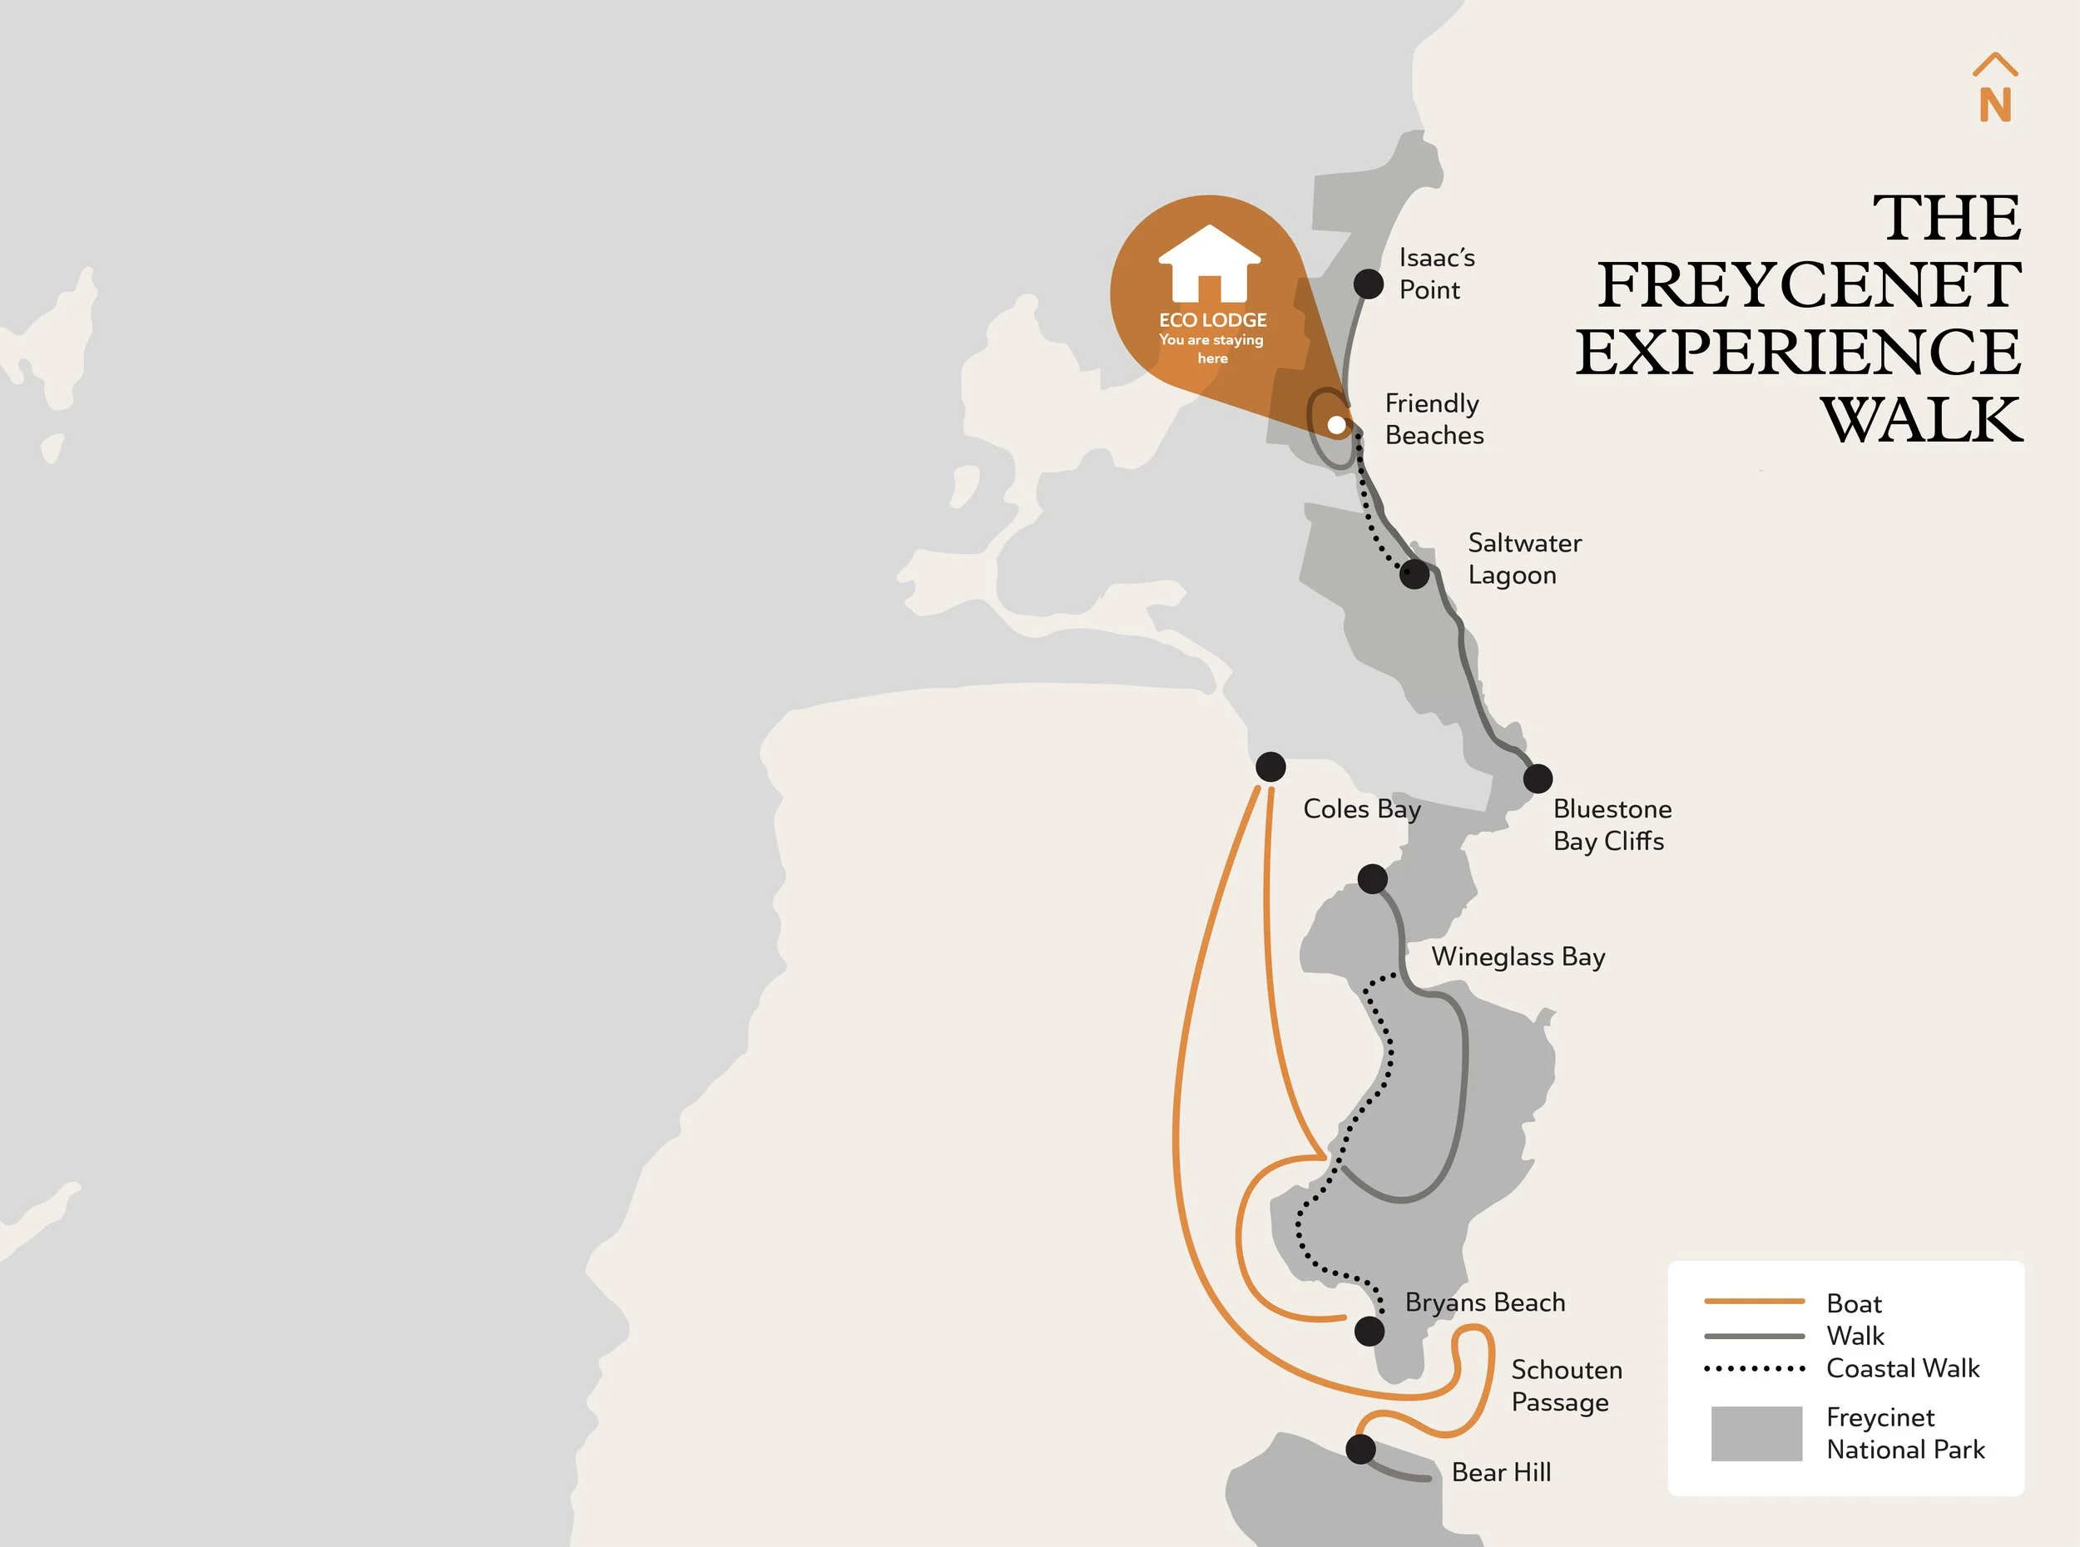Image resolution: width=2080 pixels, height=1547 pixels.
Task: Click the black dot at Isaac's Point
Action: tap(1369, 284)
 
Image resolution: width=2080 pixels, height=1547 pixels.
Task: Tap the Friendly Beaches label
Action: tap(1434, 418)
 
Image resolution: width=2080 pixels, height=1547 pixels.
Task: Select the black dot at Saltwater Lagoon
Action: tap(1414, 573)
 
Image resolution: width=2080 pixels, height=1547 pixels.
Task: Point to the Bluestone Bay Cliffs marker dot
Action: tap(1538, 778)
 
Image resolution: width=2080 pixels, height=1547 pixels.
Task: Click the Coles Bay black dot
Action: tap(1270, 767)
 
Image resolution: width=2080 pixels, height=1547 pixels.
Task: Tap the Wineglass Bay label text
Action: tap(1518, 956)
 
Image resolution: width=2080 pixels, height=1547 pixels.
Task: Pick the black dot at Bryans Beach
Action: tap(1369, 1331)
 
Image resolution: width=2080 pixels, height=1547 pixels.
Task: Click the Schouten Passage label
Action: tap(1566, 1385)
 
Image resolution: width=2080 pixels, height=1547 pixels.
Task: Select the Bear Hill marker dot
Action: tap(1361, 1449)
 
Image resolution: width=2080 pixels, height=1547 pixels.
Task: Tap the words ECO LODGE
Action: tap(1213, 320)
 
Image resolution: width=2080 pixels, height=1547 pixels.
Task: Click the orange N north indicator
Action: tap(1996, 104)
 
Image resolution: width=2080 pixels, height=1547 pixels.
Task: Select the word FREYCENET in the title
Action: tap(1809, 284)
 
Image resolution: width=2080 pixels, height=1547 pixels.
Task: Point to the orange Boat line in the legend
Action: tap(1754, 1302)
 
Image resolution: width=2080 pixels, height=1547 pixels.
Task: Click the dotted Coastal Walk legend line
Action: tap(1754, 1369)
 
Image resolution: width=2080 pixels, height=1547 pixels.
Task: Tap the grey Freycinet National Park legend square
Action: tap(1756, 1433)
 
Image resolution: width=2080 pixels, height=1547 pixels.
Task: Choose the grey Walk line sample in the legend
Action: tap(1754, 1336)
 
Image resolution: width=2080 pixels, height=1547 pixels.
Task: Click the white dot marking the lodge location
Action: tap(1336, 425)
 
